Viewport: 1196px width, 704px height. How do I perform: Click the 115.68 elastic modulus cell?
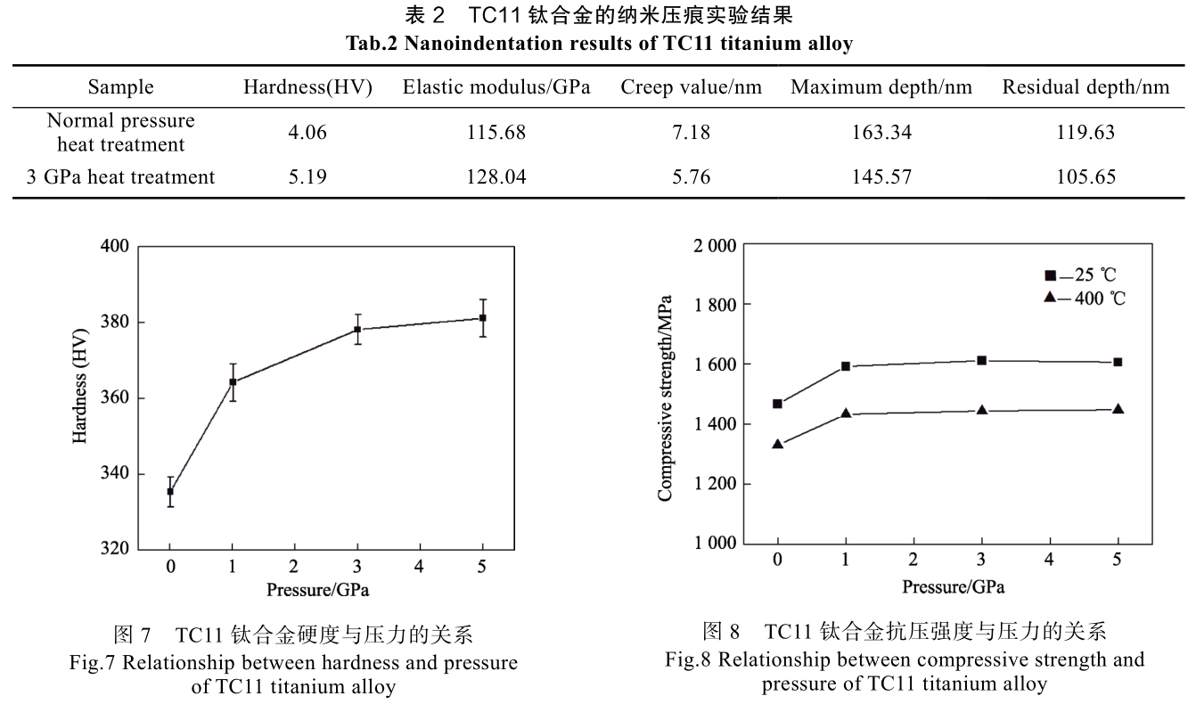(496, 133)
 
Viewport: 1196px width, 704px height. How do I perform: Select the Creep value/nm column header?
(691, 87)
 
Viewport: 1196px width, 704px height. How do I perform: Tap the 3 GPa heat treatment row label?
(120, 176)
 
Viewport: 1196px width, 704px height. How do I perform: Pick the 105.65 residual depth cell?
(1085, 176)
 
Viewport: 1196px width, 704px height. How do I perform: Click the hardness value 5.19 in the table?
(307, 176)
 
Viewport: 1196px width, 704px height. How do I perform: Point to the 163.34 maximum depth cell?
(881, 133)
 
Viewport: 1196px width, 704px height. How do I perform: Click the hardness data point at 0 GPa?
(170, 491)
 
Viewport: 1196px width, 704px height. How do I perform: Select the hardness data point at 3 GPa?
(357, 329)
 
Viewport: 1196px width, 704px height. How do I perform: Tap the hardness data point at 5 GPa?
(482, 318)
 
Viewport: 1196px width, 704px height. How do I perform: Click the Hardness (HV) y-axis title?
(80, 397)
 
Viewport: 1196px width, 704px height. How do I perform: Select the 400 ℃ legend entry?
(1085, 298)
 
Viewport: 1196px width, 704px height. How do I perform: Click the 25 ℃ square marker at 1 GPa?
(846, 366)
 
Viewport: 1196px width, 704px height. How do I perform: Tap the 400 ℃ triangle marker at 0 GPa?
(778, 444)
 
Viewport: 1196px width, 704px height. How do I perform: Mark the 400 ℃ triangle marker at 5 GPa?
(1118, 409)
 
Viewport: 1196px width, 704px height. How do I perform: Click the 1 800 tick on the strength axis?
(715, 305)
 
